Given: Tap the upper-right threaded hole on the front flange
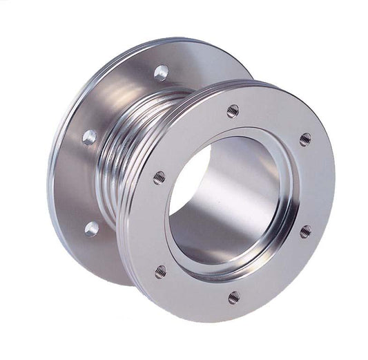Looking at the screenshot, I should (x=305, y=140).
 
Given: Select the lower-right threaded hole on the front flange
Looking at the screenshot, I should (x=305, y=231).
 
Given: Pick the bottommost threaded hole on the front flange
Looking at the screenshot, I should (x=234, y=297).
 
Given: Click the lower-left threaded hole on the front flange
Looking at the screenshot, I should (x=160, y=272).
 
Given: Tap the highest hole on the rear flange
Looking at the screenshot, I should (x=160, y=72).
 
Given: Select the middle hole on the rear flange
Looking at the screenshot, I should (x=89, y=137).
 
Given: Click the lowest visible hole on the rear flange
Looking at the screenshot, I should (x=91, y=227).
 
